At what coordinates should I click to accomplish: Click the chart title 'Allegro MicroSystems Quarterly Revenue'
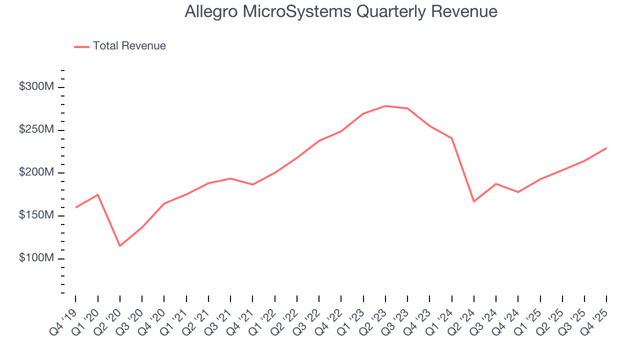pyautogui.click(x=341, y=11)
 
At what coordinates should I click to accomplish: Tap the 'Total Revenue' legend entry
pyautogui.click(x=128, y=46)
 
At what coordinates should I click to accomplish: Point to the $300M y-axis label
pyautogui.click(x=36, y=87)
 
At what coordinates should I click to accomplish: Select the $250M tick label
pyautogui.click(x=36, y=130)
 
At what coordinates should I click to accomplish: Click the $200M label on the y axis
pyautogui.click(x=36, y=172)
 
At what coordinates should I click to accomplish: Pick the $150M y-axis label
pyautogui.click(x=36, y=215)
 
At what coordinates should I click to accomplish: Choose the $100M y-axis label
pyautogui.click(x=36, y=258)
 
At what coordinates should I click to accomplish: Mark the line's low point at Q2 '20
pyautogui.click(x=120, y=245)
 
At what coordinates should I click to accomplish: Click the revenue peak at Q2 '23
pyautogui.click(x=385, y=106)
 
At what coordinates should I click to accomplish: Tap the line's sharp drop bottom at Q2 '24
pyautogui.click(x=473, y=201)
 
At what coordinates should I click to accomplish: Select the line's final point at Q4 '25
pyautogui.click(x=606, y=148)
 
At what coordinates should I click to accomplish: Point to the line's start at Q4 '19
pyautogui.click(x=76, y=207)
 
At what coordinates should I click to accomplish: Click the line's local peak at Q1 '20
pyautogui.click(x=98, y=194)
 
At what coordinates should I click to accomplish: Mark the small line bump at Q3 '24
pyautogui.click(x=495, y=184)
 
